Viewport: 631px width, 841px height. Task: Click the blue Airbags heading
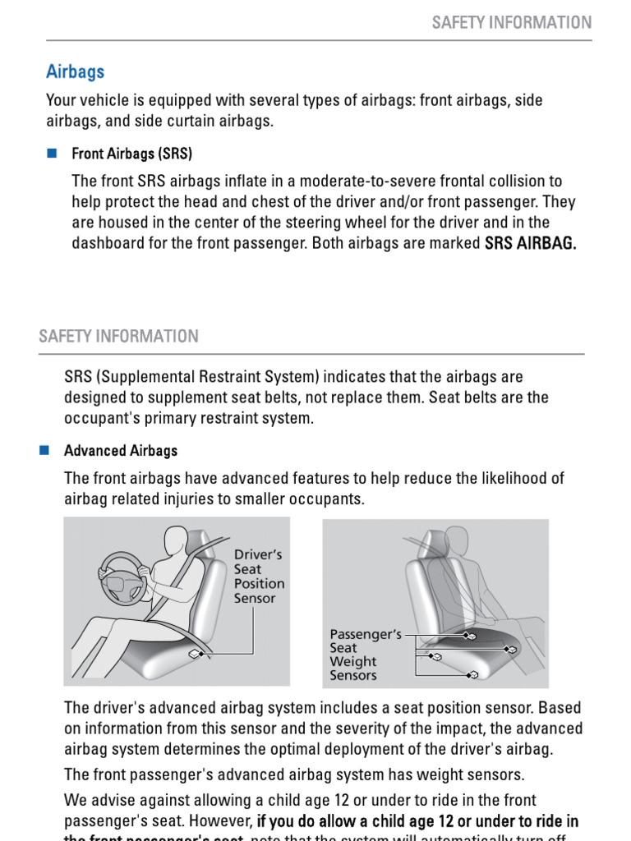[x=75, y=71]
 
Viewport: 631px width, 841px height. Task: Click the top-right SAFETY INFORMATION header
[x=511, y=22]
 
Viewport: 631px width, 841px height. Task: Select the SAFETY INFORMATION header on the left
[x=118, y=336]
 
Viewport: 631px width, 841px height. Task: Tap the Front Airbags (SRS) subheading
[x=132, y=154]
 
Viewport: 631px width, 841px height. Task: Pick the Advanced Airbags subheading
[x=121, y=451]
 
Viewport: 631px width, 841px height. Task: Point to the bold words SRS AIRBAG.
[x=531, y=244]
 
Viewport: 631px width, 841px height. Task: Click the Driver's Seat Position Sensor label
[x=259, y=577]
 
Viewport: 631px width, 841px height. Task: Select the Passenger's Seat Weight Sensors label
[x=365, y=655]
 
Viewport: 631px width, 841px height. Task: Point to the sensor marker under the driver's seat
[x=195, y=655]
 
